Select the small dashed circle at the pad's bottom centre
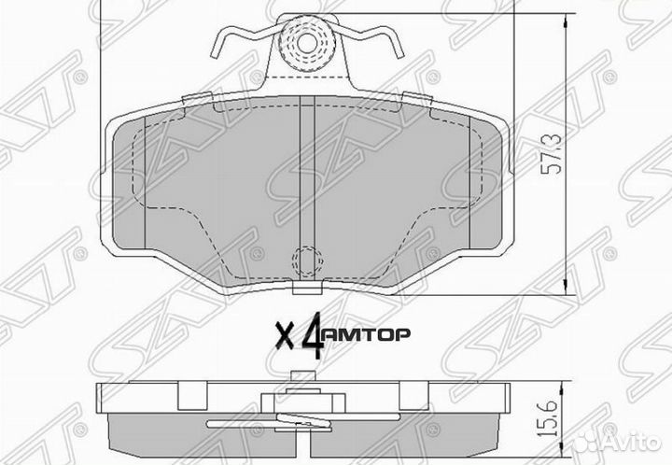tap(304, 261)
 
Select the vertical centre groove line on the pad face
tap(300, 187)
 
